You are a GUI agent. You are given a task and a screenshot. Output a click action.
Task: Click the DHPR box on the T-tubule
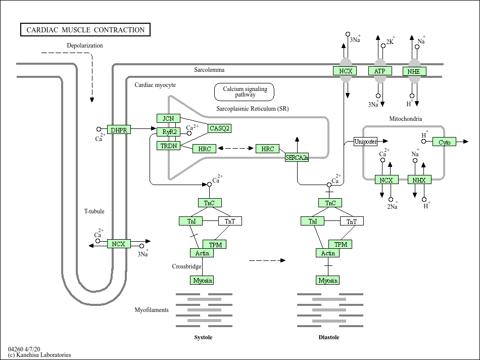pos(119,130)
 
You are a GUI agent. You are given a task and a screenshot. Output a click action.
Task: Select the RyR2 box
pos(168,132)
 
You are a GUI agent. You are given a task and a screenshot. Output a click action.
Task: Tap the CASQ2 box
pos(220,128)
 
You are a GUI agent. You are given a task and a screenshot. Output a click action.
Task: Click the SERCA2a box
pos(297,158)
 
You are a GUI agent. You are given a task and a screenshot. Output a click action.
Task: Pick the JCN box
pos(168,118)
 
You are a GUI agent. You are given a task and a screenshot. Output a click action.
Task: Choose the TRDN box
pos(168,146)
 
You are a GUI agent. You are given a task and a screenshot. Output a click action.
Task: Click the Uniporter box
pos(366,142)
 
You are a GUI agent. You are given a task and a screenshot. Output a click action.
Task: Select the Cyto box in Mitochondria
pos(444,142)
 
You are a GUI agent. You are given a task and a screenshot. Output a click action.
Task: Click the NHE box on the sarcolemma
pos(414,71)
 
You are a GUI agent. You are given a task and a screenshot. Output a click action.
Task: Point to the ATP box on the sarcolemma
pos(379,71)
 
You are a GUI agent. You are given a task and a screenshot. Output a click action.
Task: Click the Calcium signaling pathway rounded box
pos(245,92)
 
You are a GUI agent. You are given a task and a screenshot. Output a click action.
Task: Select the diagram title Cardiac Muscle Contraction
pos(85,30)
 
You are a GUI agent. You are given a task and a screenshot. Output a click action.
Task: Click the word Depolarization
pos(85,46)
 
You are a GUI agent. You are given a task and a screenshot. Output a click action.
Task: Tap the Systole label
pos(203,337)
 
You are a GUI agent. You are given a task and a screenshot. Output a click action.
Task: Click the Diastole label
pos(329,337)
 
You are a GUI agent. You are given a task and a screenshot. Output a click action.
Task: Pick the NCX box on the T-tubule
pos(119,244)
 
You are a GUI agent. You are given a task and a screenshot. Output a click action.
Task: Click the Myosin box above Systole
pos(202,280)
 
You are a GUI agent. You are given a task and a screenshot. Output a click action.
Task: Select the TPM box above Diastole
pos(341,244)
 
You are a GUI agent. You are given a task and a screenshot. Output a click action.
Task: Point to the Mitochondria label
pos(405,119)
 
